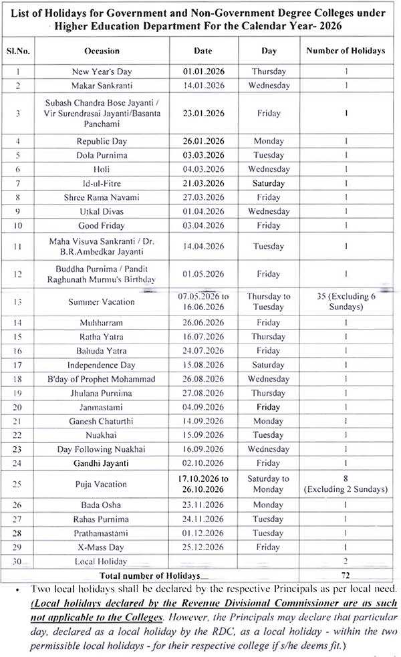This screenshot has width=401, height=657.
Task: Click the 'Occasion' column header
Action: [x=102, y=51]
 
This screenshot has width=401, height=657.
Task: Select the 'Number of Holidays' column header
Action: [x=346, y=51]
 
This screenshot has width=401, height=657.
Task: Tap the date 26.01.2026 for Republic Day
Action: [x=203, y=142]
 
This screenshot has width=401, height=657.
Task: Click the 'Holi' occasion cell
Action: [x=102, y=170]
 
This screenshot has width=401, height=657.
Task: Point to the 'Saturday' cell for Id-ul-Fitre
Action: [x=269, y=183]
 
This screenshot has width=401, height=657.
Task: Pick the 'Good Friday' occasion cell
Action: [x=102, y=226]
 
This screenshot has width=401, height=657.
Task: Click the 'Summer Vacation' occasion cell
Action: [x=102, y=302]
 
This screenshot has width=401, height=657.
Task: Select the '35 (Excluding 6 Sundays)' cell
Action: [x=346, y=301]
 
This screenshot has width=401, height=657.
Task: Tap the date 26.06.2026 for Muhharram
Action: [x=203, y=323]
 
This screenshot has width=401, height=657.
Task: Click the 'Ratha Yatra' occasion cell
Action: [x=102, y=337]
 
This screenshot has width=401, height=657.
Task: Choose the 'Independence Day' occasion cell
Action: [x=102, y=365]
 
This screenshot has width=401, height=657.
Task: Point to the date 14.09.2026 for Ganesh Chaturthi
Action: [x=203, y=422]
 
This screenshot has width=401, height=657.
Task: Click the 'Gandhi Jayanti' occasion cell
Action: [x=102, y=463]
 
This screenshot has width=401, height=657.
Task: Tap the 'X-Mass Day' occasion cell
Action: [x=102, y=547]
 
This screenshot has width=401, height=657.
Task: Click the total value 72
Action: [x=346, y=575]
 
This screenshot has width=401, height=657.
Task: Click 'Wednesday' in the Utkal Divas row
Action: [x=269, y=212]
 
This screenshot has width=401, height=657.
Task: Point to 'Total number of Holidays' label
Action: [x=150, y=575]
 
